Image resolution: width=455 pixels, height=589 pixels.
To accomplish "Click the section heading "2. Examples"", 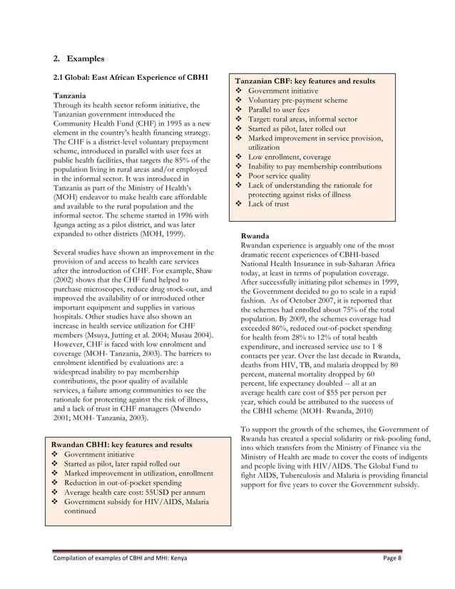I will click(x=79, y=58).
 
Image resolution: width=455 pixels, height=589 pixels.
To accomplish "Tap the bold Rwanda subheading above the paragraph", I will click(x=255, y=235).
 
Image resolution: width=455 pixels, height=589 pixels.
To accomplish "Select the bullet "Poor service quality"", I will click(x=279, y=175).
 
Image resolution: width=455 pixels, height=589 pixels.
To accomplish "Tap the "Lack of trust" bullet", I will click(x=269, y=204).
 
